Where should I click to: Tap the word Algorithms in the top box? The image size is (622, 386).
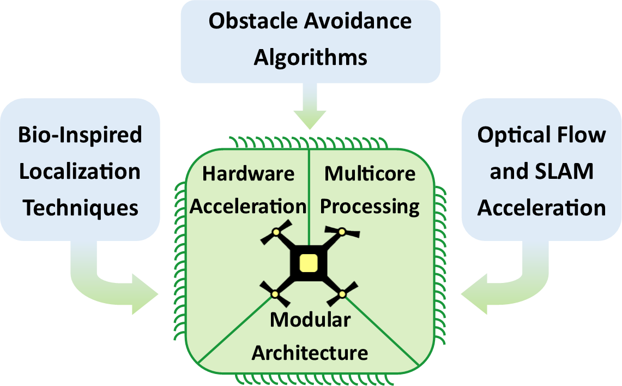click(x=310, y=57)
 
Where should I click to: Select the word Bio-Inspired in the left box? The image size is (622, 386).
click(x=80, y=135)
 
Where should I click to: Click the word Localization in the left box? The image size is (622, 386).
click(x=80, y=171)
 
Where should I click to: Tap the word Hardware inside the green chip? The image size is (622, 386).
click(x=248, y=173)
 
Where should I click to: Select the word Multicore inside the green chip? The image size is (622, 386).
click(x=370, y=173)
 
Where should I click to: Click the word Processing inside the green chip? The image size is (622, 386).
click(x=370, y=206)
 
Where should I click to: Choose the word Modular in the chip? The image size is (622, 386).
click(x=310, y=319)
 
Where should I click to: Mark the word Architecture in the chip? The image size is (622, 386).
click(x=310, y=352)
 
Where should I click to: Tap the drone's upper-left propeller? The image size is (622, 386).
click(x=275, y=233)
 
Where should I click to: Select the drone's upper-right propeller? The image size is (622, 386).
click(x=342, y=232)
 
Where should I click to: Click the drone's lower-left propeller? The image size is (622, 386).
click(x=275, y=294)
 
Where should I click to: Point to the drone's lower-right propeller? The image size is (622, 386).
click(x=343, y=294)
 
